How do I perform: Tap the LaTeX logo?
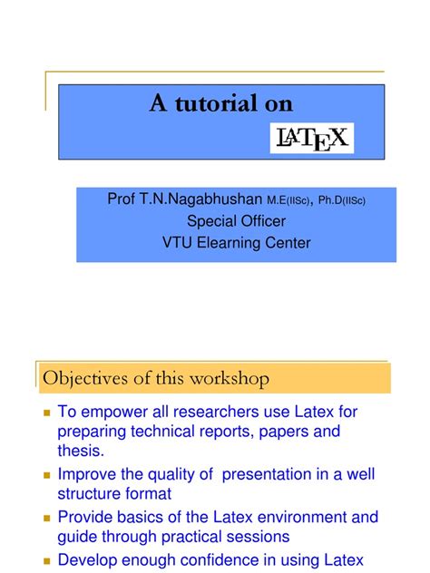312,139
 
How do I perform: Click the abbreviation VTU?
177,242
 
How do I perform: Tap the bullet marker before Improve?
46,474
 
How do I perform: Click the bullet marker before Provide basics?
46,518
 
